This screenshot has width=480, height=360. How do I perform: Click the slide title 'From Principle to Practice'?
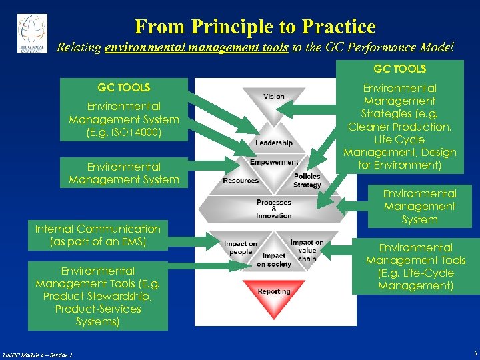tap(255, 27)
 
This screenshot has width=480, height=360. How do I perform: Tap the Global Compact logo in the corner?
tap(32, 33)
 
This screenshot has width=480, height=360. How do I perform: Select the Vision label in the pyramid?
tap(273, 97)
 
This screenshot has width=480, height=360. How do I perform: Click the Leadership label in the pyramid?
tap(273, 143)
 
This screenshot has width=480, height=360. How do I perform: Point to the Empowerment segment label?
tap(274, 162)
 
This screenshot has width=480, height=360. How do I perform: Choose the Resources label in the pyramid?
tap(241, 181)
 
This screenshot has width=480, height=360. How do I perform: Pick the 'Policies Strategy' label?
tap(307, 180)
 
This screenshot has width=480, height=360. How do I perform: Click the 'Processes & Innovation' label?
tap(274, 209)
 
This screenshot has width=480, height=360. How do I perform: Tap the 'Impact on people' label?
tap(241, 248)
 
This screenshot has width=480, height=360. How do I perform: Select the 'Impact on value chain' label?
tap(307, 250)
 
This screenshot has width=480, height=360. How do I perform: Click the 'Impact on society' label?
tap(274, 260)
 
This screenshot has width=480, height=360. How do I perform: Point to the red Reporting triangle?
tap(274, 294)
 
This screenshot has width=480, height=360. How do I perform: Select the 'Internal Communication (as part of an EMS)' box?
tap(97, 235)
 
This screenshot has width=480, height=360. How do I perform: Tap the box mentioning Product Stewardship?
tap(97, 296)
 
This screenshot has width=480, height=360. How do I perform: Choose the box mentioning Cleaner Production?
tap(399, 120)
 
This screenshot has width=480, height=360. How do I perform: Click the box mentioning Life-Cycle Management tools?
tap(415, 267)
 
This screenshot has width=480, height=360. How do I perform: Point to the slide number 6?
tap(473, 353)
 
